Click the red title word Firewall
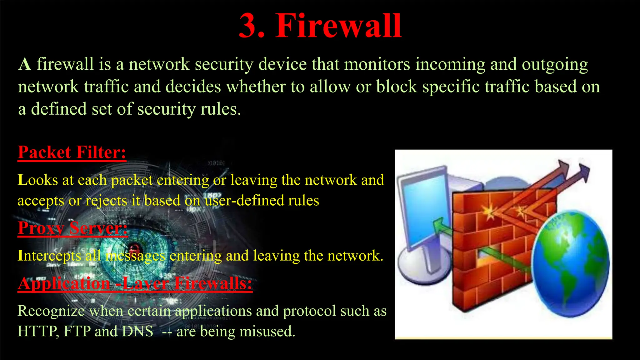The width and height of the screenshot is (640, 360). click(338, 26)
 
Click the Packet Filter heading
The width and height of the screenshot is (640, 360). click(72, 152)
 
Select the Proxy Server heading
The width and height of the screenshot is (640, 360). click(72, 228)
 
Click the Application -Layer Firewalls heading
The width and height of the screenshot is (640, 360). click(135, 283)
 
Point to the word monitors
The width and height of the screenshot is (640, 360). click(377, 64)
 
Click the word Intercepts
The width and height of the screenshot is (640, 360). click(49, 256)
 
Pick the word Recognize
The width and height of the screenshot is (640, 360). click(51, 311)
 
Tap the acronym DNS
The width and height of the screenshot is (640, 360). click(137, 331)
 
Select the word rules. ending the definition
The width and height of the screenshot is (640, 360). click(221, 109)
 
